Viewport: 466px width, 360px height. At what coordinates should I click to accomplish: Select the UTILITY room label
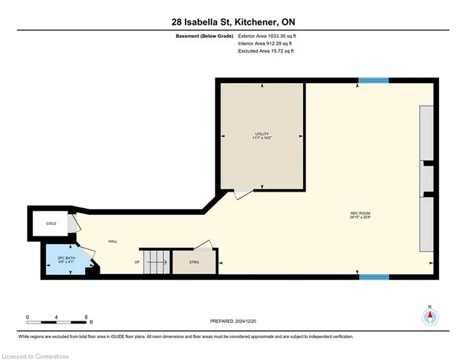pyautogui.click(x=262, y=134)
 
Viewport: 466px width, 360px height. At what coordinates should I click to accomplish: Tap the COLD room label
pyautogui.click(x=51, y=224)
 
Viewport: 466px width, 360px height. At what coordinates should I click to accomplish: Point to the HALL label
pyautogui.click(x=113, y=241)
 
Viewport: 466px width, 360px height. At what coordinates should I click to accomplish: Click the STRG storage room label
pyautogui.click(x=193, y=262)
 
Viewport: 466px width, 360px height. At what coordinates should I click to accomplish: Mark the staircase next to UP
pyautogui.click(x=154, y=262)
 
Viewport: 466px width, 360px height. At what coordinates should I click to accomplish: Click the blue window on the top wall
pyautogui.click(x=374, y=80)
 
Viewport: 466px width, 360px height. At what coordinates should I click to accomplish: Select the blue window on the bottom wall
pyautogui.click(x=374, y=275)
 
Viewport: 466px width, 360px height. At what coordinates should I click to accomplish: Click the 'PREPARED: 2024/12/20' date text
pyautogui.click(x=232, y=320)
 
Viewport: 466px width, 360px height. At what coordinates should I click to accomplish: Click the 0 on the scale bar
pyautogui.click(x=27, y=318)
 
